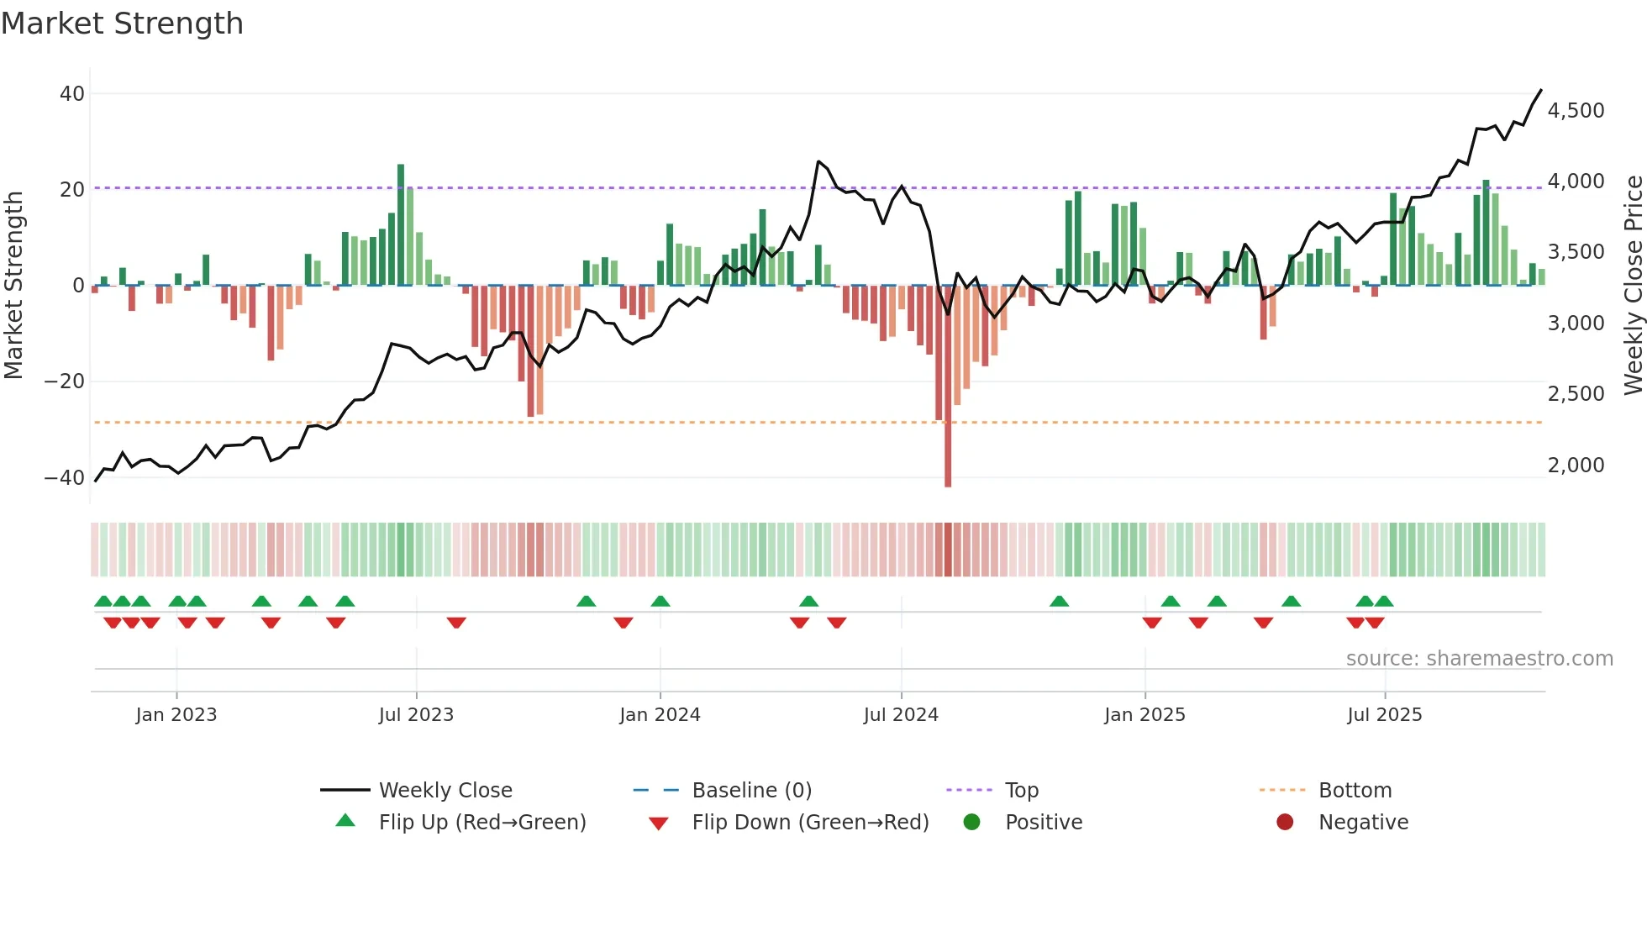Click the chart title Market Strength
122,24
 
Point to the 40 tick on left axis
72,94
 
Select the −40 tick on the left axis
65,478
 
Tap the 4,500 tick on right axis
1576,111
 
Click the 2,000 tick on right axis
1576,466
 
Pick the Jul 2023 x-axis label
416,715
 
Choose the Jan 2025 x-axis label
1144,715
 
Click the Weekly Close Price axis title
1633,286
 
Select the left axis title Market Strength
13,286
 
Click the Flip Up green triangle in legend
345,821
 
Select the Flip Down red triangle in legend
659,823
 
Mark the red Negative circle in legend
1285,822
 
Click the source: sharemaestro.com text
1479,659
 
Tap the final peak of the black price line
1541,90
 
